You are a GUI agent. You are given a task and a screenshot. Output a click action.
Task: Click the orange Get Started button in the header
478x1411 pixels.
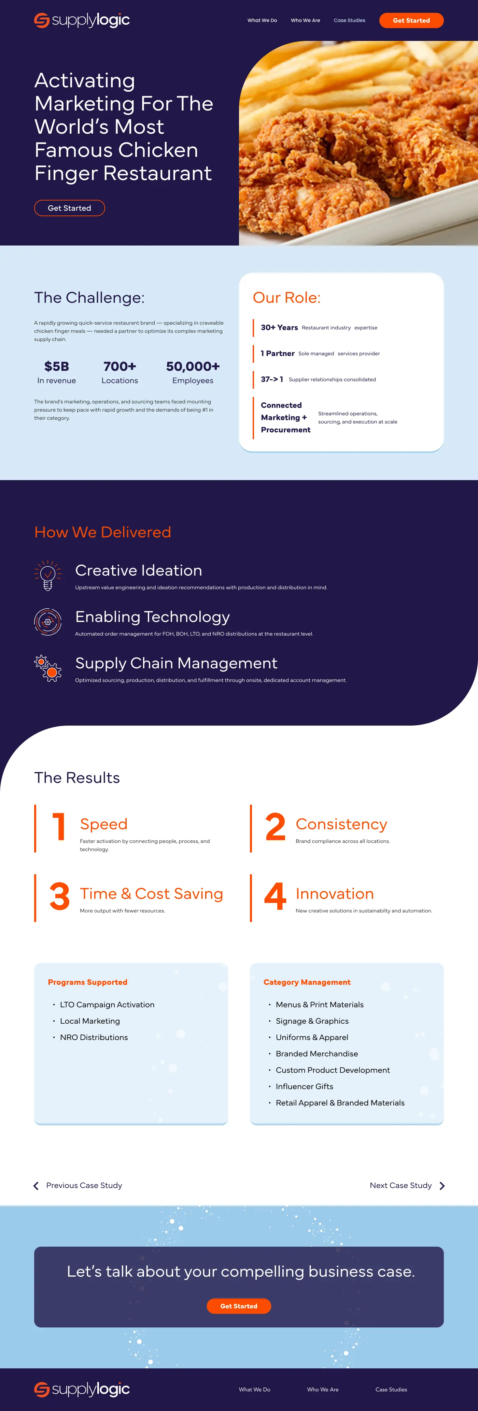(x=411, y=20)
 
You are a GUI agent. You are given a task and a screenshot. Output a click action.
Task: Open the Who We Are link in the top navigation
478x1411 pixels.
(x=305, y=20)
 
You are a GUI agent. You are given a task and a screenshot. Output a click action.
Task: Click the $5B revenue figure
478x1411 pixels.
(x=56, y=367)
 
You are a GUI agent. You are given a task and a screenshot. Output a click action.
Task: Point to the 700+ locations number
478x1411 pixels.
(x=119, y=367)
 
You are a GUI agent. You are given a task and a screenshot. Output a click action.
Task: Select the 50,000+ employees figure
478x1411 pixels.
(x=193, y=367)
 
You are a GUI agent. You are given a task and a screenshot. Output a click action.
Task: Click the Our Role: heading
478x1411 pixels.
(x=287, y=297)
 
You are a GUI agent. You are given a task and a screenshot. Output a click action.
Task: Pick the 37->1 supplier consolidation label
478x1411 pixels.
(x=272, y=379)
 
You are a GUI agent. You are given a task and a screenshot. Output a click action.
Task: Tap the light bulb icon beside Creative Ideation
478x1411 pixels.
(x=48, y=575)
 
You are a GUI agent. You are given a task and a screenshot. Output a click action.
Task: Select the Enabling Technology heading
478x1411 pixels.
(x=152, y=617)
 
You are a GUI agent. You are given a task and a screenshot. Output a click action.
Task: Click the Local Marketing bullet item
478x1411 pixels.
(x=90, y=1021)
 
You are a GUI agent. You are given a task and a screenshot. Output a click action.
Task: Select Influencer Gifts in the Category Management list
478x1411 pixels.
(x=304, y=1086)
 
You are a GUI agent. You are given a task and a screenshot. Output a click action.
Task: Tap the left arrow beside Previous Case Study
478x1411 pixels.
(x=36, y=1186)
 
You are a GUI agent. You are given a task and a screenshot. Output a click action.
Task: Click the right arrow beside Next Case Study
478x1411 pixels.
(x=442, y=1186)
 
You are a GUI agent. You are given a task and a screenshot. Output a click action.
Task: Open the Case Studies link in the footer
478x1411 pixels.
(x=391, y=1390)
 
